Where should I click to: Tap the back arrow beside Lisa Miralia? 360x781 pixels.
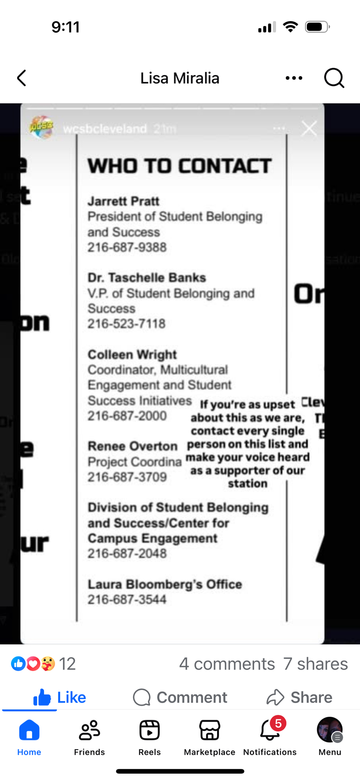tap(22, 78)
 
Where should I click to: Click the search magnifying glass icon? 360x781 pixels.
tap(334, 78)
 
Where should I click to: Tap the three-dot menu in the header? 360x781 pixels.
tap(294, 78)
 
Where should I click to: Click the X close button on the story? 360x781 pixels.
tap(309, 128)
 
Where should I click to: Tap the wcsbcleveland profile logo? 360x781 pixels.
tap(41, 127)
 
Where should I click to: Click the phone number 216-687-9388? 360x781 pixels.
tap(127, 247)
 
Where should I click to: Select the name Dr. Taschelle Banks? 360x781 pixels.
tap(147, 278)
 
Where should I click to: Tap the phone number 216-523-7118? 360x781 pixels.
tap(127, 324)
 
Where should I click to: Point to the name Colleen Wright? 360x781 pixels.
tap(132, 354)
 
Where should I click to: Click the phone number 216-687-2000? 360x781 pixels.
tap(127, 416)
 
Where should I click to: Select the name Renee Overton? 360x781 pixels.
tap(132, 446)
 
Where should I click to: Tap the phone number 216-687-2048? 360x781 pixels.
tap(127, 553)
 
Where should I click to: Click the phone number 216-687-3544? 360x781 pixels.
tap(127, 599)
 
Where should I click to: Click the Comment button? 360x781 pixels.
tap(180, 697)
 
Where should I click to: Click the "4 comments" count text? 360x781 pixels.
tap(227, 664)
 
